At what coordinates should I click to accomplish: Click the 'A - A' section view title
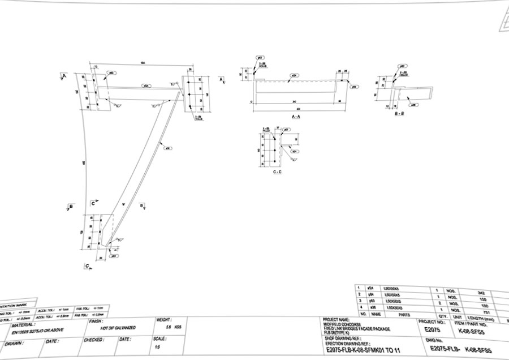coord(296,116)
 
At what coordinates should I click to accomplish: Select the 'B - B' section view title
coord(399,114)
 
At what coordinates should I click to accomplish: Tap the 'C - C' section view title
coord(277,172)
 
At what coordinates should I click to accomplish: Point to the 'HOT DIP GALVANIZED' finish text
coord(118,328)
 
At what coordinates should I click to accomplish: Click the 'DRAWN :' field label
coord(14,343)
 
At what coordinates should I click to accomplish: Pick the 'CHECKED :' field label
coord(94,340)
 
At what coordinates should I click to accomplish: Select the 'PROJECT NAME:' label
coord(336,319)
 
